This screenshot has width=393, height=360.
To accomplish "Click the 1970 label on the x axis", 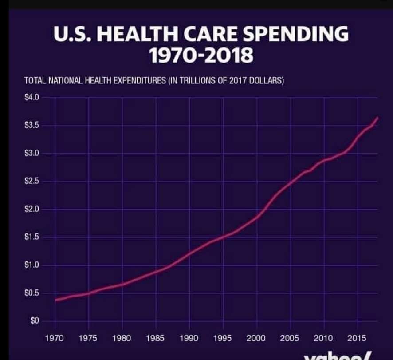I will [55, 338].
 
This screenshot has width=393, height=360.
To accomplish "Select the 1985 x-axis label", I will [156, 338].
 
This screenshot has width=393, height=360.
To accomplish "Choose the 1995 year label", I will [223, 338].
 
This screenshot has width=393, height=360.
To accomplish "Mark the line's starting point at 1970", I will [55, 300].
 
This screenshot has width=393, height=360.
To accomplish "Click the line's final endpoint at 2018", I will [377, 118].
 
